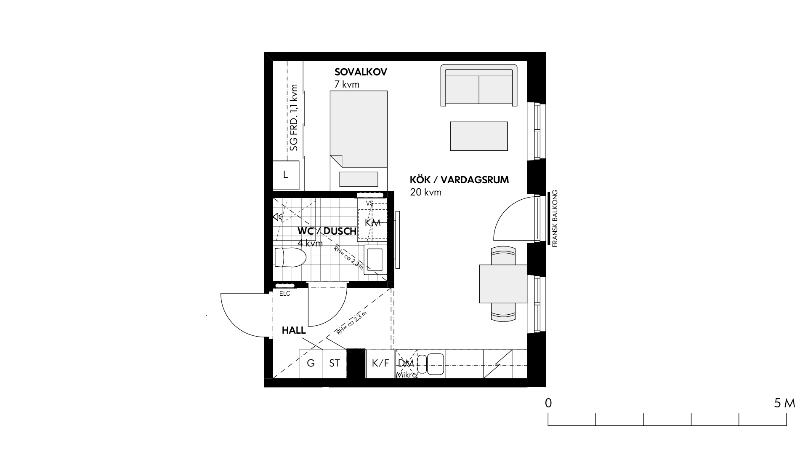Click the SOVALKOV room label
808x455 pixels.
(361, 72)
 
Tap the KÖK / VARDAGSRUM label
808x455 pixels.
(459, 180)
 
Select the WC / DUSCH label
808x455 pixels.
(327, 231)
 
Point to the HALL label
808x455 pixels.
(294, 331)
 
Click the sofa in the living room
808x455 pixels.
(479, 85)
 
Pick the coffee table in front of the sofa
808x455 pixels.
(479, 136)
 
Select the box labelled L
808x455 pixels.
(286, 175)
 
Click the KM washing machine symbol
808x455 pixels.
(372, 223)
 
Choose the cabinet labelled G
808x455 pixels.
(311, 363)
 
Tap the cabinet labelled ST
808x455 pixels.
(335, 363)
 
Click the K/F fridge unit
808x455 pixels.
(380, 363)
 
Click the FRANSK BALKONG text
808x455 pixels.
(555, 219)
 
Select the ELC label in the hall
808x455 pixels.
(285, 294)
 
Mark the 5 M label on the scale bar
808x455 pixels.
(784, 403)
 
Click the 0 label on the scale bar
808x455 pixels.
(548, 403)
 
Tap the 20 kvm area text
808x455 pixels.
(426, 193)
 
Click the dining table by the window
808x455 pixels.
(503, 284)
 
